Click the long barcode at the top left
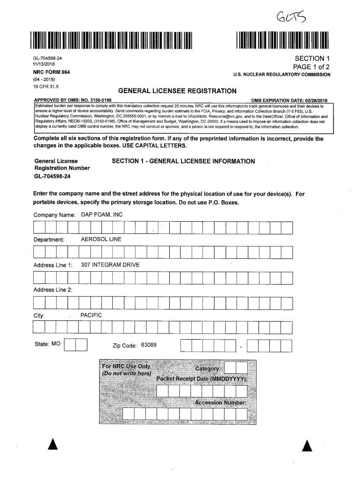coord(112,41)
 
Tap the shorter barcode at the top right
coord(283,41)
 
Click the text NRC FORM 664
coord(51,73)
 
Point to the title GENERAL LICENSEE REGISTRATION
coord(177,91)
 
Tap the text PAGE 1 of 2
coord(311,67)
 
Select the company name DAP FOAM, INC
coord(102,215)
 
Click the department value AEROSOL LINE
coord(101,239)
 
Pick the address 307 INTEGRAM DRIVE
coord(110,265)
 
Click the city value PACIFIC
coord(91,315)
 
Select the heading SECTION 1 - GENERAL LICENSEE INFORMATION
coord(183,161)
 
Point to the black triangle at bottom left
coord(53,445)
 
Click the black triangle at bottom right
coord(307,446)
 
